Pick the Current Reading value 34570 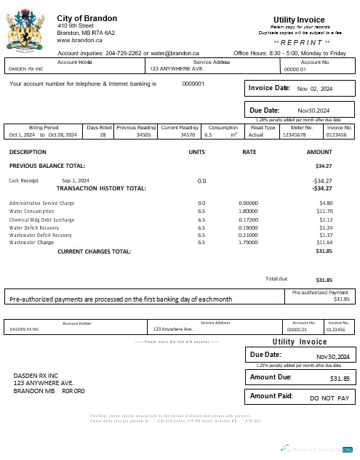click(x=188, y=135)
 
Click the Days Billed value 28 click(x=103, y=135)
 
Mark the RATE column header click(x=249, y=152)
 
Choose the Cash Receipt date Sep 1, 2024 click(x=76, y=180)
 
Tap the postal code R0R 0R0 click(x=73, y=391)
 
